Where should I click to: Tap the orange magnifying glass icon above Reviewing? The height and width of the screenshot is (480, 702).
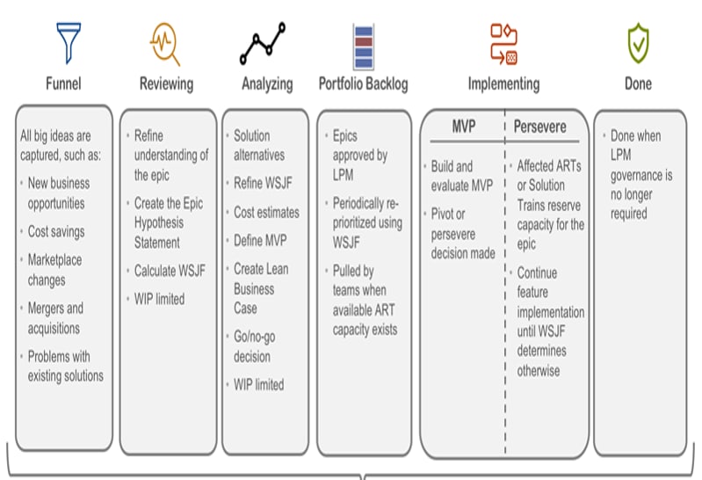[x=165, y=44]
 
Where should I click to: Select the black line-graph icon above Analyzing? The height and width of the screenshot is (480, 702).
[x=263, y=43]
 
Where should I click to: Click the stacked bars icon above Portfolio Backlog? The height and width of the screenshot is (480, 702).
[x=363, y=47]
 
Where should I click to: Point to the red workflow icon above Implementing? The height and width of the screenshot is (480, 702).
[x=503, y=44]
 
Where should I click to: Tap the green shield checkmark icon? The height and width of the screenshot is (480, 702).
[x=638, y=43]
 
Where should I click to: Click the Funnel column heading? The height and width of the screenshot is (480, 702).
[x=63, y=84]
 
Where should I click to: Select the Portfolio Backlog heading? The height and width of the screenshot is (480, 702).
[x=363, y=84]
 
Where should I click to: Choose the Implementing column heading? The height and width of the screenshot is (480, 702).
[x=503, y=84]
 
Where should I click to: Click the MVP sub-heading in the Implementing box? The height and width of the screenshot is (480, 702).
[x=463, y=127]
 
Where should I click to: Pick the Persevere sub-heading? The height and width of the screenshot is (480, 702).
[x=539, y=127]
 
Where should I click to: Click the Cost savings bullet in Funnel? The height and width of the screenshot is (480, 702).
[x=56, y=232]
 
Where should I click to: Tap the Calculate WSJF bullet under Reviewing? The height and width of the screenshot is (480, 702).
[x=170, y=271]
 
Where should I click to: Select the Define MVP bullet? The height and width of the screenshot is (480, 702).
[x=260, y=241]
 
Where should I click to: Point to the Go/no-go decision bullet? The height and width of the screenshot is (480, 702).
[x=254, y=346]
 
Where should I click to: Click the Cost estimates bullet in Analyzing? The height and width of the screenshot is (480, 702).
[x=266, y=213]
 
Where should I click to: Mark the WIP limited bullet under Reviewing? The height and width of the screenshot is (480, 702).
[x=159, y=299]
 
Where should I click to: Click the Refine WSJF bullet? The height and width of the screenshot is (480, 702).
[x=263, y=184]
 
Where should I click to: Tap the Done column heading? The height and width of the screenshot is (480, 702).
[x=638, y=84]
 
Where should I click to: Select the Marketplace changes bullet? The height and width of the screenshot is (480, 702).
[x=54, y=270]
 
